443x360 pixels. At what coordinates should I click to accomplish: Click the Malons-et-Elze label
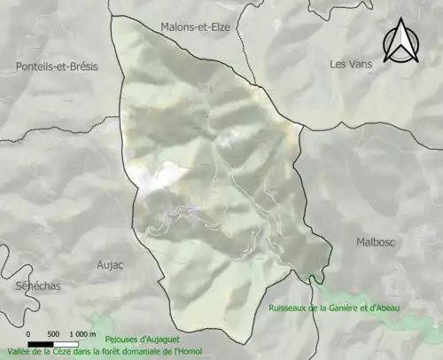[x=195, y=27]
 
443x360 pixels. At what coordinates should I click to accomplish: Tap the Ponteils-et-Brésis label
[x=57, y=67]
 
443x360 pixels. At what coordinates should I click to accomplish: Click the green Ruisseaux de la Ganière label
[x=335, y=309]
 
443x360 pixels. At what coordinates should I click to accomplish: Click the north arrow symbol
[x=400, y=43]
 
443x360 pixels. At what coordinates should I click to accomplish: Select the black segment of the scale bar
[x=41, y=343]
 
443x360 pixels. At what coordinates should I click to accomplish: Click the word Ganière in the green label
[x=346, y=309]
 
